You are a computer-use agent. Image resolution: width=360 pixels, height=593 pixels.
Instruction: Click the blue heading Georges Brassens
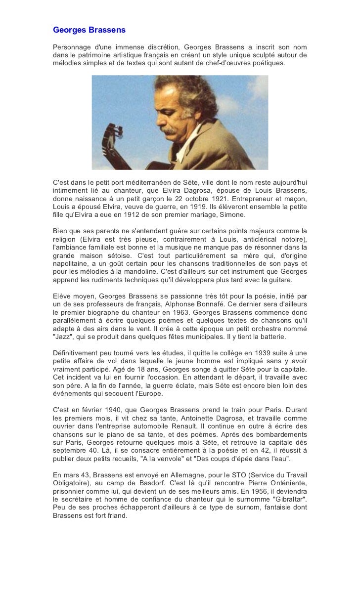click(89, 30)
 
